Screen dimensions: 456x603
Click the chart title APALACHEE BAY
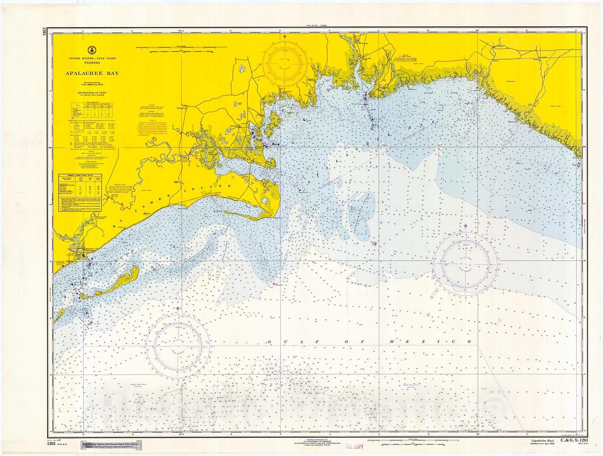tap(92, 73)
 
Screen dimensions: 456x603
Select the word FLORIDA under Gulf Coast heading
tap(92, 63)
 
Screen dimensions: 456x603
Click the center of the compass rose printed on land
tap(285, 64)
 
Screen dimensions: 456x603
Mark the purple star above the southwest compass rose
tap(178, 308)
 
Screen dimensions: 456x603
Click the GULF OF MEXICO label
tap(369, 342)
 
